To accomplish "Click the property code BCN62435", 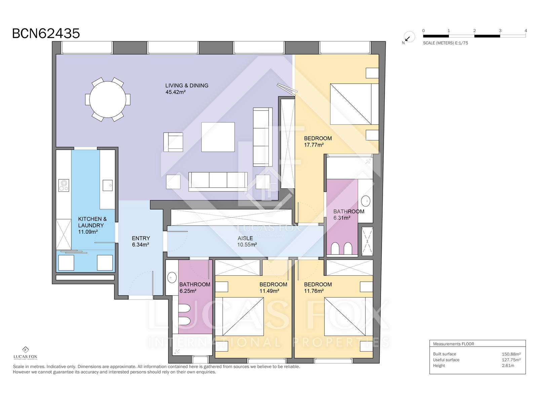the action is tap(46, 34).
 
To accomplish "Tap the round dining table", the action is tap(108, 99).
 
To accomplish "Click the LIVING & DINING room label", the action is tap(187, 86).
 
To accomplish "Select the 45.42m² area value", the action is tap(176, 92).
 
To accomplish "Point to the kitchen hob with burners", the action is tap(64, 185).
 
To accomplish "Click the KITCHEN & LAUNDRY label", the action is tap(92, 222).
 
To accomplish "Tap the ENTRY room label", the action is tap(141, 238).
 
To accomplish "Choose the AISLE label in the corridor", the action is tap(245, 238).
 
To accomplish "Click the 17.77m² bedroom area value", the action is tap(314, 145).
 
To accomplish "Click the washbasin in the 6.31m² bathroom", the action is tap(366, 201).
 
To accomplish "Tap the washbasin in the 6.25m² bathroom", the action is tap(172, 278).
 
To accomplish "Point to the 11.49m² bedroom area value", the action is tap(269, 291).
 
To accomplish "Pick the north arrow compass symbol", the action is tap(409, 37).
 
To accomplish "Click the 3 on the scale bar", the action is tap(500, 31).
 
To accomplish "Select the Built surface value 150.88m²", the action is tap(511, 354).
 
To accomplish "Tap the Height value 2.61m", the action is tap(508, 366).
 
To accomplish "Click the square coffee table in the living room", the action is tap(218, 137).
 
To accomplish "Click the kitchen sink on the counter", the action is tap(108, 185).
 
